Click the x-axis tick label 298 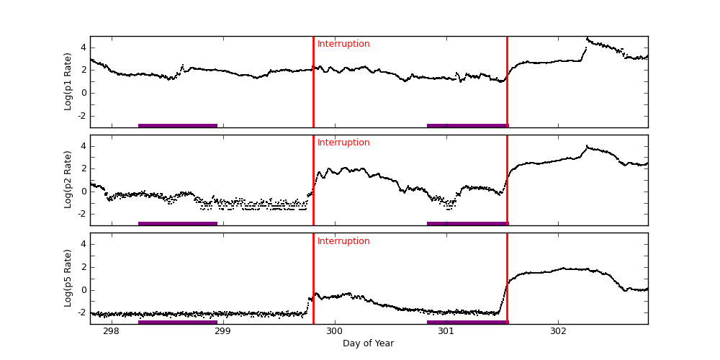tap(111, 331)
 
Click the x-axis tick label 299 tap(222, 331)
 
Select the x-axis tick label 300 tap(334, 331)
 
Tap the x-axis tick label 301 tap(446, 331)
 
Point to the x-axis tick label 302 tap(557, 331)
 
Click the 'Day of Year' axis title tap(368, 343)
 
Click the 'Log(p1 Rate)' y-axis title tap(68, 81)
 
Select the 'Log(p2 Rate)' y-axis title tap(68, 180)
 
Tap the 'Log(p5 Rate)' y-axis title tap(68, 278)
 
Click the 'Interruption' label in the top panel tap(343, 44)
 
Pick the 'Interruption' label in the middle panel tap(343, 143)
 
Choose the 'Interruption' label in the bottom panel tap(343, 241)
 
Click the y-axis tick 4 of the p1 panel tap(84, 48)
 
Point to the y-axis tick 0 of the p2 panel tap(84, 191)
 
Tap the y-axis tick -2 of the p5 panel tap(81, 312)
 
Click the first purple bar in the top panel tap(178, 125)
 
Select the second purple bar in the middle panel tap(467, 223)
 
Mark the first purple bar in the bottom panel tap(178, 322)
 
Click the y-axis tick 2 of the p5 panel tap(84, 267)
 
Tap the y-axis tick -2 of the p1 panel tap(81, 115)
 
